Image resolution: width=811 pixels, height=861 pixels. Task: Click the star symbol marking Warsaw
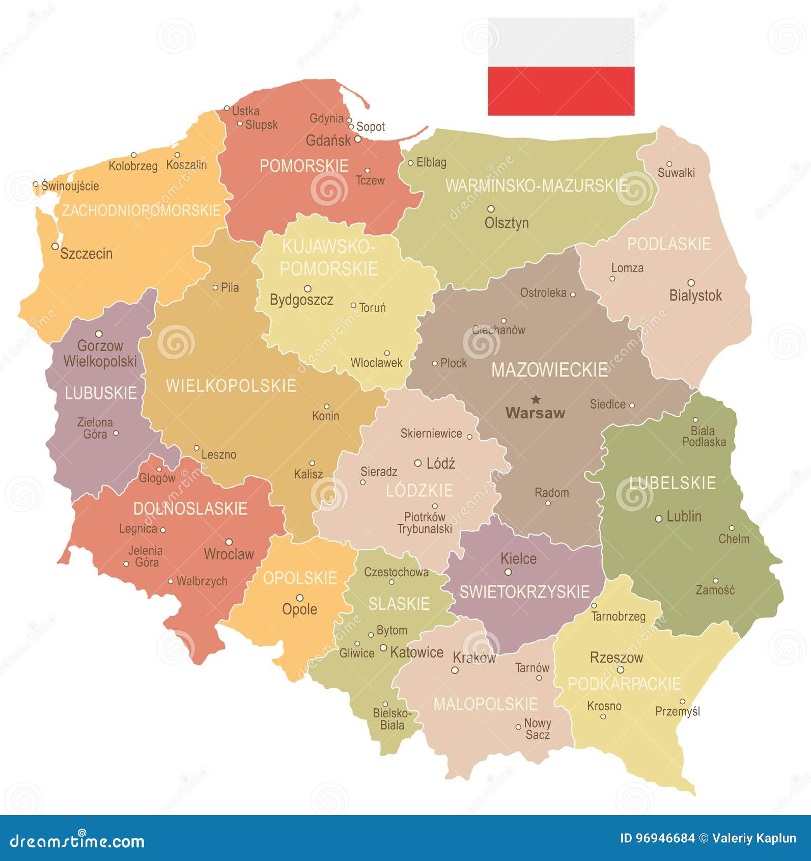(535, 398)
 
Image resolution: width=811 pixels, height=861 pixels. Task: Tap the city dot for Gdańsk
(357, 139)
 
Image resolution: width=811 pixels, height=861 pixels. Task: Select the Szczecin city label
(86, 253)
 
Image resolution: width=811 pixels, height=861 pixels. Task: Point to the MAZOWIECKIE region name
(549, 370)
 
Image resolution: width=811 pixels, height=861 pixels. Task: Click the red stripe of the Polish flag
(561, 91)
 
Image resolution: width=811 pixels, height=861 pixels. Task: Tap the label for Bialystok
(695, 295)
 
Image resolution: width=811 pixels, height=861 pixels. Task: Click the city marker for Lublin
(658, 519)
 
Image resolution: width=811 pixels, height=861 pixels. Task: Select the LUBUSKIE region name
(101, 393)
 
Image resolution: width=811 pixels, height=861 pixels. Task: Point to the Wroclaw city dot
(229, 542)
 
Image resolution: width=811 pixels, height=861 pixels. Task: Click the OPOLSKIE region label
(300, 578)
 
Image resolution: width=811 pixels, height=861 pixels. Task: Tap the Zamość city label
(715, 590)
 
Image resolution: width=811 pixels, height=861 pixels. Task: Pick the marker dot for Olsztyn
(491, 208)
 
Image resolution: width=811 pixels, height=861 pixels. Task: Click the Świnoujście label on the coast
(70, 186)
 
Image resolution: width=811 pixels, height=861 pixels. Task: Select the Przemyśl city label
(678, 711)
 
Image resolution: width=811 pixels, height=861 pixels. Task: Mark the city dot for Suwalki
(669, 164)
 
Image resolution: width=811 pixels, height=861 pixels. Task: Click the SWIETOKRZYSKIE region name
(524, 591)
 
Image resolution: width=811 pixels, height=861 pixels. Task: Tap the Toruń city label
(373, 308)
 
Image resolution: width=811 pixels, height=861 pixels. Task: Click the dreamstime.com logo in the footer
(77, 841)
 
